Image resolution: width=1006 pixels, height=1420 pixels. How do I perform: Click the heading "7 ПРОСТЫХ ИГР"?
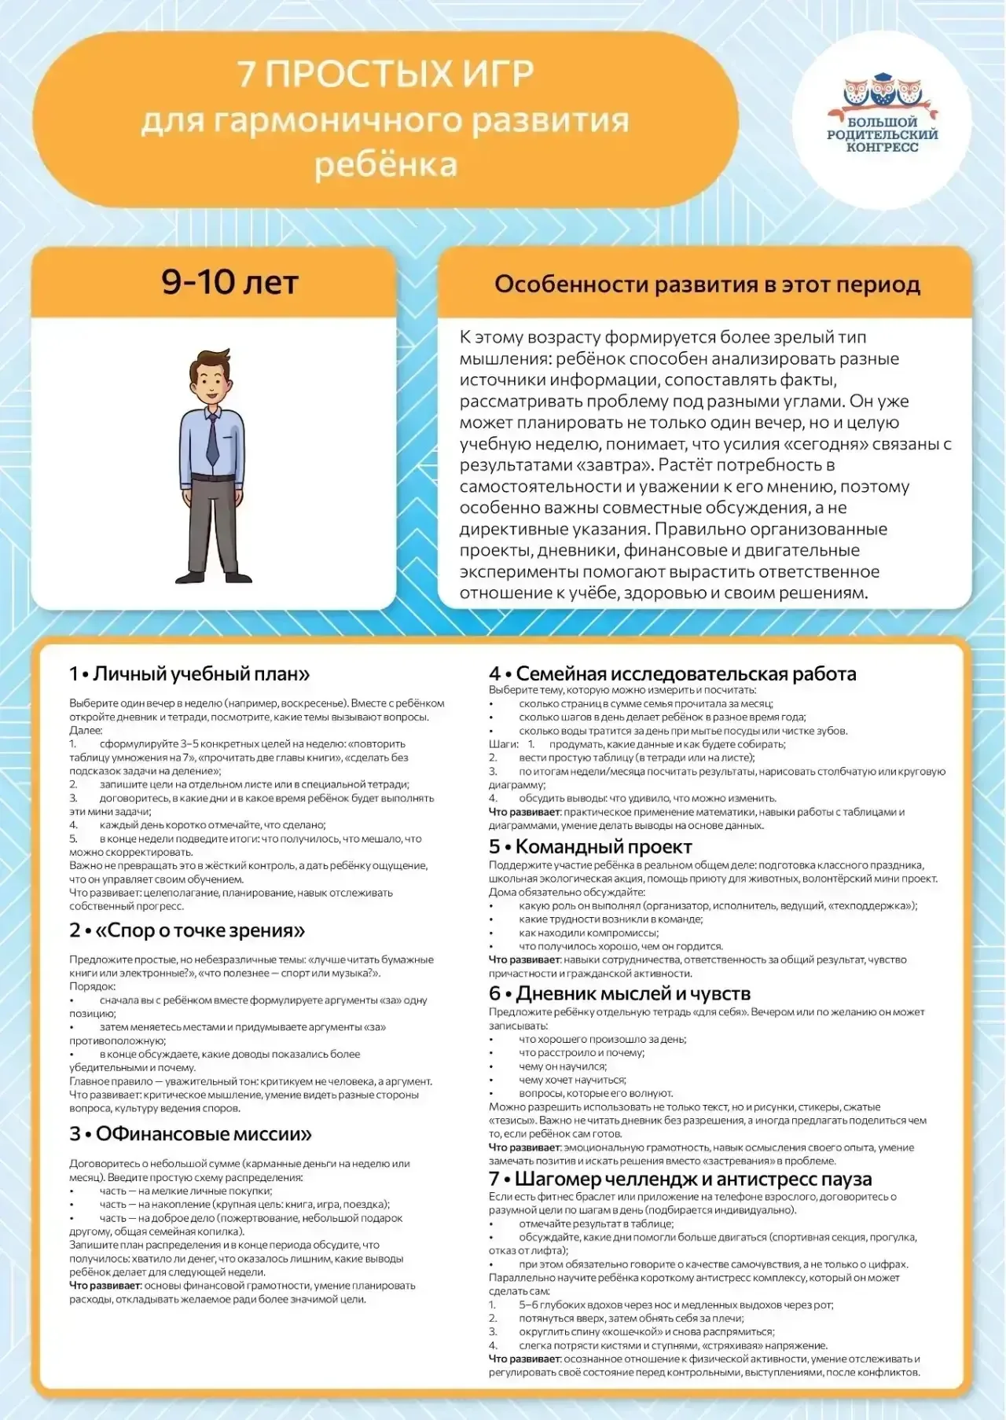385,75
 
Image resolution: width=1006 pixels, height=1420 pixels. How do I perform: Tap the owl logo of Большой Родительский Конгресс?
882,92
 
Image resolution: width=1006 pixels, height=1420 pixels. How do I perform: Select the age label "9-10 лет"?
229,282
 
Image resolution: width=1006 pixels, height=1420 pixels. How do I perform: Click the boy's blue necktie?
212,441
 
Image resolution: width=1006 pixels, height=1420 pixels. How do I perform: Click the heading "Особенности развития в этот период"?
707,284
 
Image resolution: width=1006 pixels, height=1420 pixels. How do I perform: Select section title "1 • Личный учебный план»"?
189,673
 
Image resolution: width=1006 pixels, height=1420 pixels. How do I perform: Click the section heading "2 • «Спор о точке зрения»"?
187,930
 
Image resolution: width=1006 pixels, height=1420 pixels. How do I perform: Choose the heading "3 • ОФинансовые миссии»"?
190,1134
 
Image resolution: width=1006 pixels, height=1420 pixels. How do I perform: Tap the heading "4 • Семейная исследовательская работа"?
672,673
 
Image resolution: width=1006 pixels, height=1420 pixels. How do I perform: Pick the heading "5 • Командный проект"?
590,846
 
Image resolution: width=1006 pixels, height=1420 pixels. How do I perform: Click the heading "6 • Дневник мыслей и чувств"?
619,994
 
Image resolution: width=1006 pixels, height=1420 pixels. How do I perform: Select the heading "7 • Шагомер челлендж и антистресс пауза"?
680,1179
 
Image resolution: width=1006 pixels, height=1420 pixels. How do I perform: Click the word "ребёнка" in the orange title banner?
385,165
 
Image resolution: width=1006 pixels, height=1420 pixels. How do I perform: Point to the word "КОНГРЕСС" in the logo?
882,147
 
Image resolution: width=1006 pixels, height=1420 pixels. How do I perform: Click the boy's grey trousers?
213,519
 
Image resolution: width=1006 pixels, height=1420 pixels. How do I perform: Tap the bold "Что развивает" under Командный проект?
524,960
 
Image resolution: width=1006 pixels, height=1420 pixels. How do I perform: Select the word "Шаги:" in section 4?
504,743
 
